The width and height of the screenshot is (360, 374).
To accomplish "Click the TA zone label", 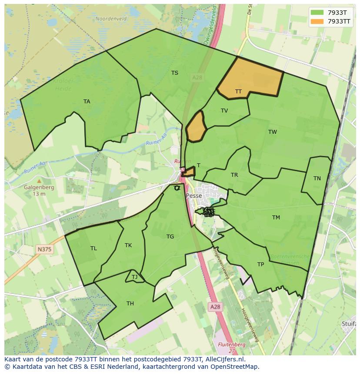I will coord(87,102).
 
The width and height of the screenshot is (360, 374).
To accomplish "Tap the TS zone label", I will coord(175,73).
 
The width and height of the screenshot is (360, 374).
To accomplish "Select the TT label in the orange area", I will coord(238,92).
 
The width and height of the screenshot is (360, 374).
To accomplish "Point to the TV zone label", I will coord(224,111).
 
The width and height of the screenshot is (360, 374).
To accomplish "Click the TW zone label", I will coord(273,132).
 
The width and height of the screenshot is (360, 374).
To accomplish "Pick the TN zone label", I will coord(317,179).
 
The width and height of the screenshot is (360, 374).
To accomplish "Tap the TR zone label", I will coord(234,175).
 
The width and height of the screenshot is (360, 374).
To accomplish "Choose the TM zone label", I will coord(276,218).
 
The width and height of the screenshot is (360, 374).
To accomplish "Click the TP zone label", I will coord(260,265).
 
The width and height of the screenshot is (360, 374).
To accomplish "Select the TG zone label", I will coord(170,237).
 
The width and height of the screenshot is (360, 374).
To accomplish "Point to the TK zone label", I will coord(128,245).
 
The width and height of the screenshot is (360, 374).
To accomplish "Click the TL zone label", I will coord(93,248).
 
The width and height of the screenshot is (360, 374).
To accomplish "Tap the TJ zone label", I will coord(134,277).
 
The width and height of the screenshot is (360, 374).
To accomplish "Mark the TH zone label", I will coord(130,304).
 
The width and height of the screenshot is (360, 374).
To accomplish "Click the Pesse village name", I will coord(194,196).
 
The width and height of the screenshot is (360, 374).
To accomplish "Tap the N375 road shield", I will coord(44,249).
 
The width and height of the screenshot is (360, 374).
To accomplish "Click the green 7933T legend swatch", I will coord(317,13).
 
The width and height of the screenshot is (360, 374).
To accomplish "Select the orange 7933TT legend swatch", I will coord(317,21).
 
